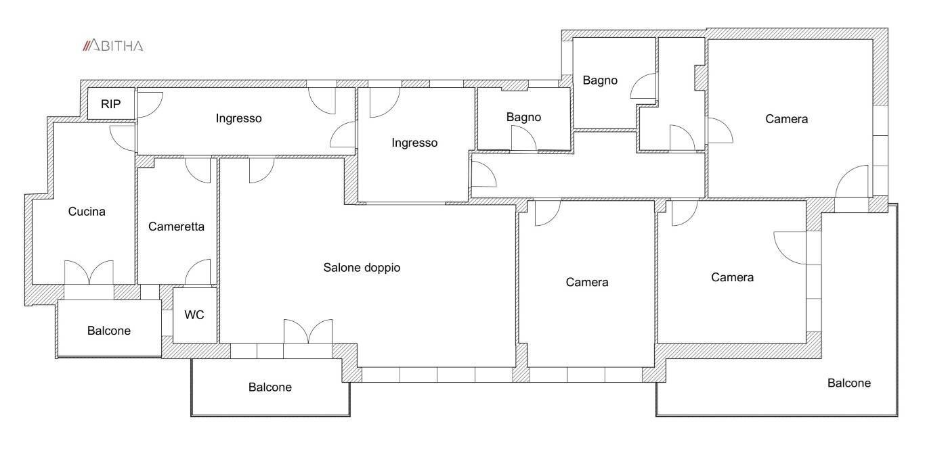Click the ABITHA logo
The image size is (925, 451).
point(112,46)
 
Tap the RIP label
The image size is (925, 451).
point(110,104)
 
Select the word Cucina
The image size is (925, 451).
point(87,212)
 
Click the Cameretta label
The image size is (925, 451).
point(176,227)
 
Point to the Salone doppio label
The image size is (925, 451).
point(362,268)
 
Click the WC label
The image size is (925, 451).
point(194,314)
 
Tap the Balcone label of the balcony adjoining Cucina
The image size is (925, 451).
point(109,331)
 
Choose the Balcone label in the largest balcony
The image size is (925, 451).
point(849,383)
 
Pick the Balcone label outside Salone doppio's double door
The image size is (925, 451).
point(270,387)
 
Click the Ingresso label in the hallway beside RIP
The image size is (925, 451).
point(238,118)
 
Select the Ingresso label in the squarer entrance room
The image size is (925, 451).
point(414,143)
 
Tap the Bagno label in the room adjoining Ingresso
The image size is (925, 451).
point(523,117)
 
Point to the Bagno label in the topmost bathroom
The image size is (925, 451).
point(600,80)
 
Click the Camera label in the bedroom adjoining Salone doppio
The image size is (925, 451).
point(587,282)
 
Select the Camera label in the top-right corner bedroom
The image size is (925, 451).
point(787,119)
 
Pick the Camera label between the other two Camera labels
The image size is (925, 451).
point(732,277)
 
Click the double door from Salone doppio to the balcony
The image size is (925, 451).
point(308,332)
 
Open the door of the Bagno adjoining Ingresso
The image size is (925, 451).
point(523,139)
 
